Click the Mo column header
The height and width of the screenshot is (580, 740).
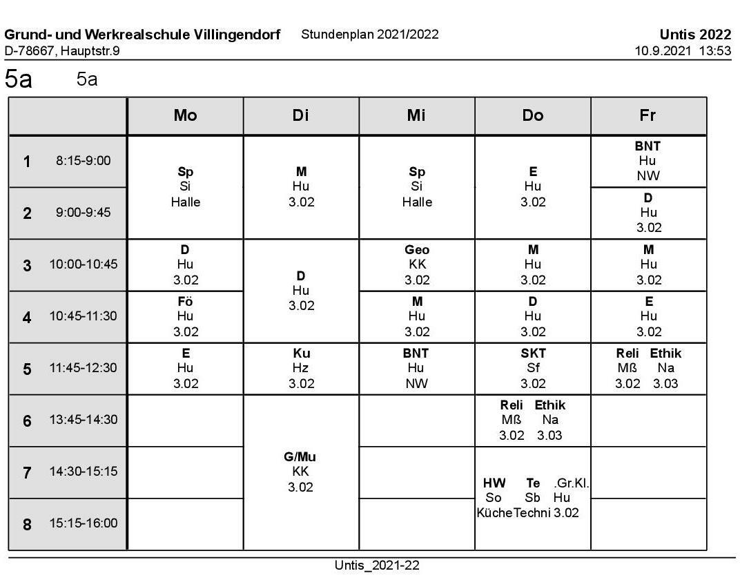click(185, 116)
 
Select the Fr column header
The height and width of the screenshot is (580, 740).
click(647, 116)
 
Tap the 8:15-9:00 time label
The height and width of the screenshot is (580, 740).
click(83, 162)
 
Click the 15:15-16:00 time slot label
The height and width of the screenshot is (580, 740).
click(83, 523)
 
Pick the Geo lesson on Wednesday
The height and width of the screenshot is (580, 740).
click(416, 250)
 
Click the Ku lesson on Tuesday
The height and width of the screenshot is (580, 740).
click(301, 354)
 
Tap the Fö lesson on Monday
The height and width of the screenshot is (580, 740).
click(185, 302)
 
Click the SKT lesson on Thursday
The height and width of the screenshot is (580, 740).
click(532, 354)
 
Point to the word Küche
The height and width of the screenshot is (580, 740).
click(494, 512)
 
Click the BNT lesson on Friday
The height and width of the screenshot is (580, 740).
click(647, 146)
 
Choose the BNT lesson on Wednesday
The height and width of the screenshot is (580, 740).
click(416, 354)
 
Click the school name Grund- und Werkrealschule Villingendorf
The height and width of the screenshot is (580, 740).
click(142, 35)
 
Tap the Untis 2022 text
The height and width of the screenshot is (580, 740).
click(694, 35)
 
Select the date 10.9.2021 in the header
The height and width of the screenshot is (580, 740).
click(661, 50)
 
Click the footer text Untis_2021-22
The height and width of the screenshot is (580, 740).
click(376, 565)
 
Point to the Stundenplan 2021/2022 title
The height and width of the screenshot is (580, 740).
click(370, 35)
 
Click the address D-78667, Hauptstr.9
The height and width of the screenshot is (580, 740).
click(62, 50)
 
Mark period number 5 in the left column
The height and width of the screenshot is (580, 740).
click(28, 369)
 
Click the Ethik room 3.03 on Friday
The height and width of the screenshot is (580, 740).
click(665, 384)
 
